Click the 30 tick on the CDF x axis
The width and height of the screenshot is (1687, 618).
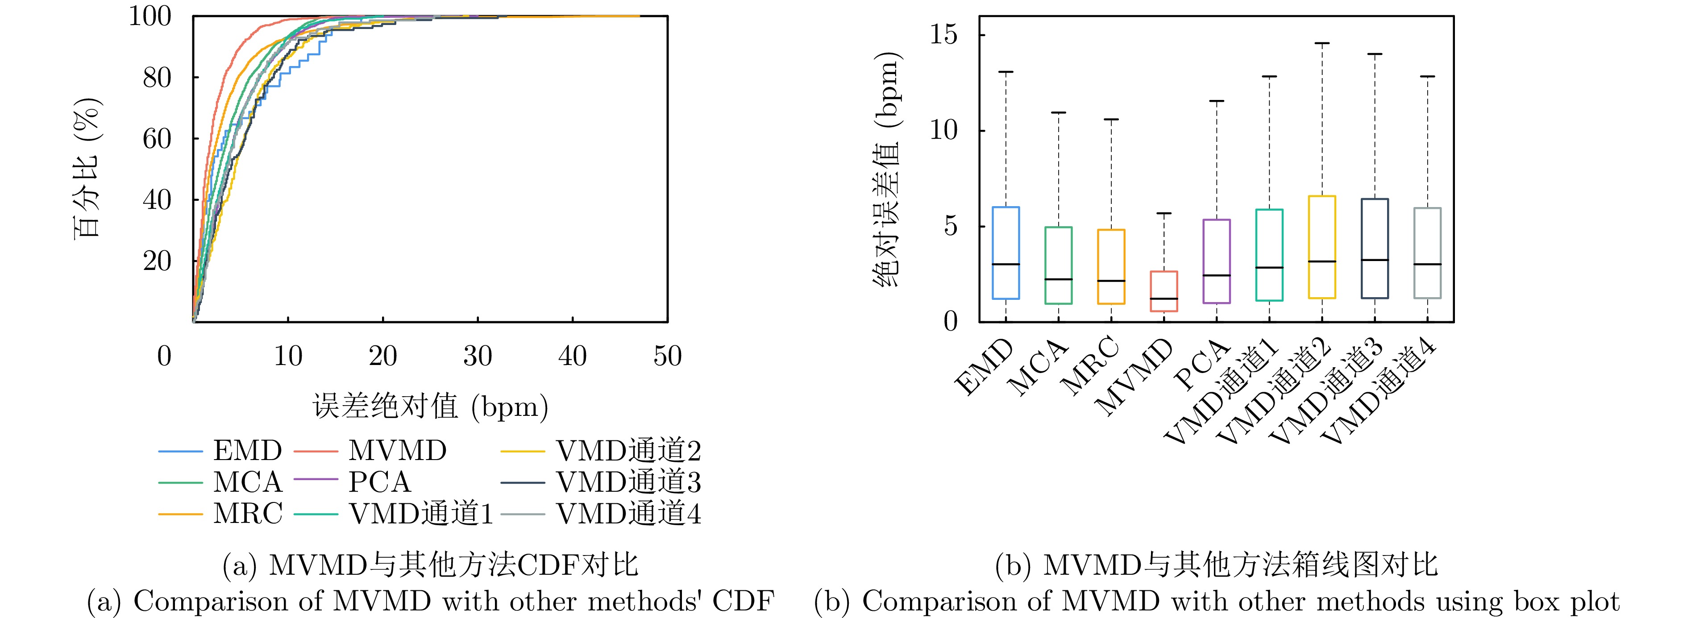click(478, 356)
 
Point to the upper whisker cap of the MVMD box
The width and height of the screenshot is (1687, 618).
click(1164, 213)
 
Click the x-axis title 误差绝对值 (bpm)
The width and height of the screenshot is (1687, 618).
click(430, 406)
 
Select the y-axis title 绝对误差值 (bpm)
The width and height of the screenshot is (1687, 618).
click(887, 170)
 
